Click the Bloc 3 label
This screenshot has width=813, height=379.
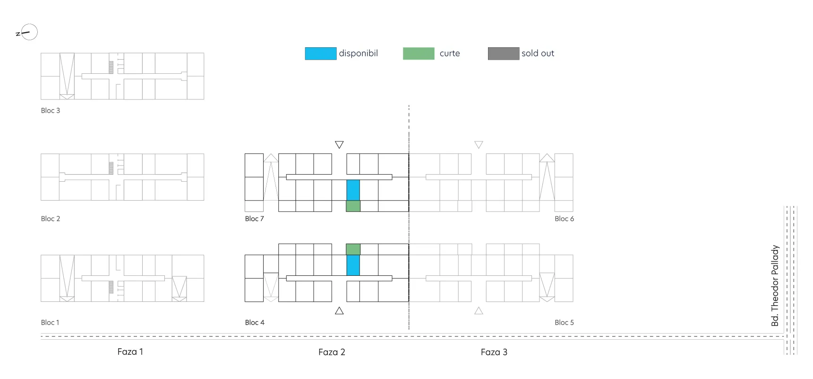[x=51, y=111]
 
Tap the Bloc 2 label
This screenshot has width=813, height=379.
[x=51, y=219]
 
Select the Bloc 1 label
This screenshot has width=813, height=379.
[x=50, y=322]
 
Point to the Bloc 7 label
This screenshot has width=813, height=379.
[x=255, y=219]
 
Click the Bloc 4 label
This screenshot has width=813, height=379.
[x=255, y=322]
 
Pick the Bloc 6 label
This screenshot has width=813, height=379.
[x=565, y=219]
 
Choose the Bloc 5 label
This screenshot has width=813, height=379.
[x=565, y=322]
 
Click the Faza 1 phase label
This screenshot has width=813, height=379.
[x=130, y=352]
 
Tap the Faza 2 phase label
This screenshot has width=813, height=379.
[x=332, y=352]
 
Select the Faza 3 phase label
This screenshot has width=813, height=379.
[x=494, y=352]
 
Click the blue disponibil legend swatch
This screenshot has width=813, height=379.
[x=321, y=53]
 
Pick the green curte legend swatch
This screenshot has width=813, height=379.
[x=419, y=53]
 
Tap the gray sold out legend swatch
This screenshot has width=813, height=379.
[x=504, y=53]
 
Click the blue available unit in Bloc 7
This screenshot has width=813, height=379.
[x=353, y=190]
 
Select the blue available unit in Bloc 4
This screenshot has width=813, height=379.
[x=353, y=265]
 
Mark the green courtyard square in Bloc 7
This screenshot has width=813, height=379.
[x=353, y=206]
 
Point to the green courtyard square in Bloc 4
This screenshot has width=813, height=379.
[x=353, y=249]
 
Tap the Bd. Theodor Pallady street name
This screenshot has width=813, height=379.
[x=775, y=285]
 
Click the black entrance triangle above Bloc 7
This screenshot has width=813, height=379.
[x=339, y=144]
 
